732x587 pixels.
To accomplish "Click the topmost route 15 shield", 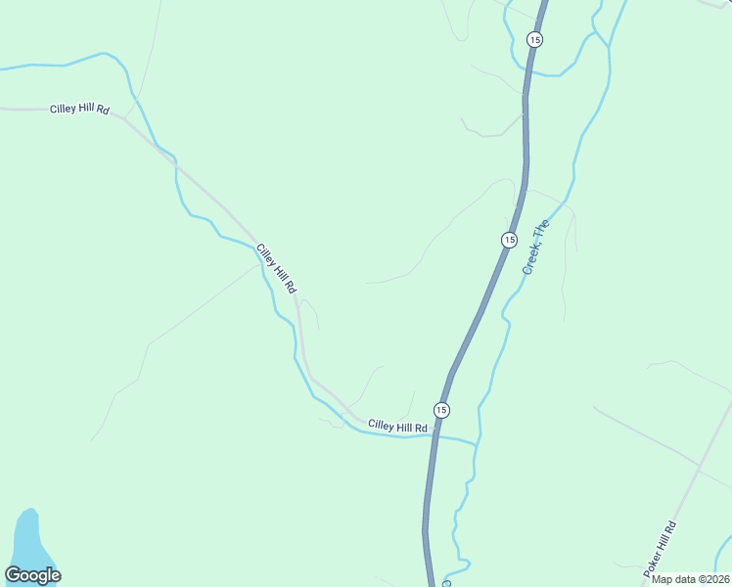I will point(533,39).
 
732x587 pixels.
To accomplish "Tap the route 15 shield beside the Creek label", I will point(509,240).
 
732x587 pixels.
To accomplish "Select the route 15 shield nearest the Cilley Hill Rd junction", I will point(442,410).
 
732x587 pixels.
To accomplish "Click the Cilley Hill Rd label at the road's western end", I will point(79,109).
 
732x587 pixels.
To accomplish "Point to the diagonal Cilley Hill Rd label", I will point(276,269).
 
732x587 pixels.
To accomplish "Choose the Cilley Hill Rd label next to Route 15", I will point(398,427).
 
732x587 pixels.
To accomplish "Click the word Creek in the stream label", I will point(530,259).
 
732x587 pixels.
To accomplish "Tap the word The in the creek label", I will point(541,231).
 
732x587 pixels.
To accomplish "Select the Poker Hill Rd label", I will point(660,548).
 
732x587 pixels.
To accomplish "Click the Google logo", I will point(32,576).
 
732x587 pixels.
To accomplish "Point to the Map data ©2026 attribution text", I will point(690,579).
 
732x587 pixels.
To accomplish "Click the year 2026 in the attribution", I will point(715,579).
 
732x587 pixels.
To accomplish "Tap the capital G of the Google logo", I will point(13,575).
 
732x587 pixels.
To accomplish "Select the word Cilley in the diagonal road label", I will point(265,255).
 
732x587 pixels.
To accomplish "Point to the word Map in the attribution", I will point(663,579).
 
